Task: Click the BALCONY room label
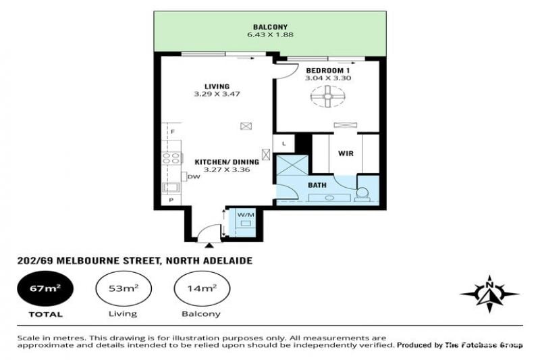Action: [270, 27]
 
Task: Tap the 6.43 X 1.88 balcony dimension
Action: [270, 35]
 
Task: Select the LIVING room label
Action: [217, 86]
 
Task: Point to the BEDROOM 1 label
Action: [328, 70]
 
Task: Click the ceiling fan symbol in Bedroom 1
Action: [327, 97]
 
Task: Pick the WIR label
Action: [346, 153]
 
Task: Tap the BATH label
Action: [317, 185]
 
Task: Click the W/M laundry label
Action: [246, 215]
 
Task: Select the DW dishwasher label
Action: [194, 177]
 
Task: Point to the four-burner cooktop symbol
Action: [171, 158]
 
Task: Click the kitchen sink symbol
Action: [171, 187]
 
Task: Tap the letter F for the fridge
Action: [173, 132]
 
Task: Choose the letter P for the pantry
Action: [171, 200]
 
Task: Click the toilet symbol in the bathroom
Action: [363, 194]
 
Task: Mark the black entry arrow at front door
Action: [209, 245]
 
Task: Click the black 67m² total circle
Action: [45, 288]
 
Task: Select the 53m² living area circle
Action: [124, 288]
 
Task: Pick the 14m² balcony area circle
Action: [202, 288]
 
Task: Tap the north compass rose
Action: [489, 294]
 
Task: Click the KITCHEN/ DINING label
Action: [227, 162]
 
